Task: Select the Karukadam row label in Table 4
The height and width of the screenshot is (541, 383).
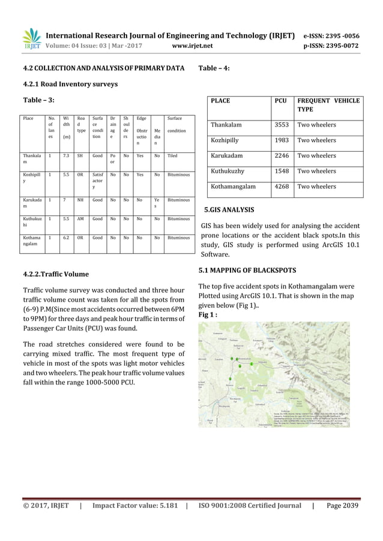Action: point(228,156)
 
